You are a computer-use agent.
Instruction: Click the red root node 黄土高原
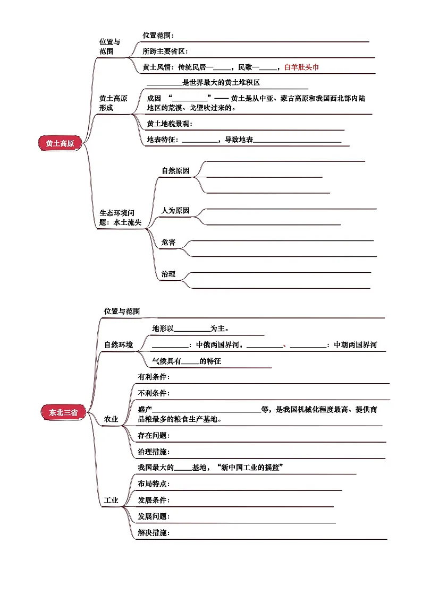point(60,143)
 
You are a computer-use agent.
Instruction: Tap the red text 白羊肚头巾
point(301,67)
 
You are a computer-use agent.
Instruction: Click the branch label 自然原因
point(175,171)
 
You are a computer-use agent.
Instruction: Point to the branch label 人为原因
point(175,211)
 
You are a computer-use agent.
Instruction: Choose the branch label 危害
point(168,243)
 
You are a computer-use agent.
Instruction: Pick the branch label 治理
point(168,274)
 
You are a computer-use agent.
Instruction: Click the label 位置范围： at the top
point(158,36)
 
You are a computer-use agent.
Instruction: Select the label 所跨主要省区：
point(165,51)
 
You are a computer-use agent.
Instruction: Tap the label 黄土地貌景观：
point(170,124)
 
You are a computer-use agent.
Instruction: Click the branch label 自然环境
point(119,345)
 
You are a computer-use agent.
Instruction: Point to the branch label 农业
point(111,419)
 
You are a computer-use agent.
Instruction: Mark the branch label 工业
point(111,500)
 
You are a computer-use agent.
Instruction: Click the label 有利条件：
point(154,377)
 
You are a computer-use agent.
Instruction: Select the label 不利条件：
point(154,393)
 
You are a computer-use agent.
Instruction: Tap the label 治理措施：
point(154,452)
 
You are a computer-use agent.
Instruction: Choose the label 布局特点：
point(154,484)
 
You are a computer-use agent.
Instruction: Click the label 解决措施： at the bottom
point(154,533)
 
